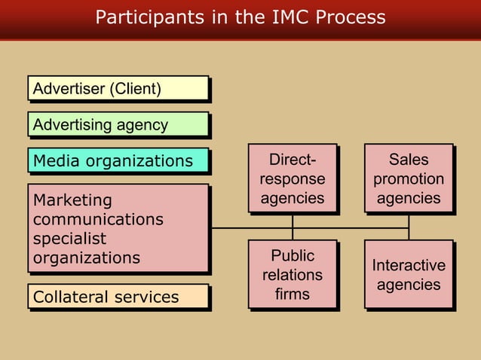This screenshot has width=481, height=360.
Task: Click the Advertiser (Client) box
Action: tap(118, 89)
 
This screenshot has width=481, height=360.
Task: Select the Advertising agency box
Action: tap(118, 124)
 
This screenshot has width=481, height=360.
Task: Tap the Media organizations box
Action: tap(118, 160)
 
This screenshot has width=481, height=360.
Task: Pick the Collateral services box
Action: tap(118, 297)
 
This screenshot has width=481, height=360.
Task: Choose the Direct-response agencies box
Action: tap(293, 179)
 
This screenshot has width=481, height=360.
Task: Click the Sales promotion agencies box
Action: tap(409, 179)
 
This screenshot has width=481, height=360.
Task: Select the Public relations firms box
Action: tap(293, 274)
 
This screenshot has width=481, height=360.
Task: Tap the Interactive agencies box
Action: tap(409, 274)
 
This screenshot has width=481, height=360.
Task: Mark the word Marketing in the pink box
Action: tap(72, 200)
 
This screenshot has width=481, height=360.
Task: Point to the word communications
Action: tap(98, 219)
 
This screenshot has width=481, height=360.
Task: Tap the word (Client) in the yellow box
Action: tap(136, 89)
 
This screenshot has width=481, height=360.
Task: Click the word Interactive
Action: tap(409, 265)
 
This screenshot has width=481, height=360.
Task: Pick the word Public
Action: tap(293, 255)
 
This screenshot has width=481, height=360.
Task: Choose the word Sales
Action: tap(409, 160)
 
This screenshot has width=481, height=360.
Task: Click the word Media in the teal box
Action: tap(55, 160)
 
